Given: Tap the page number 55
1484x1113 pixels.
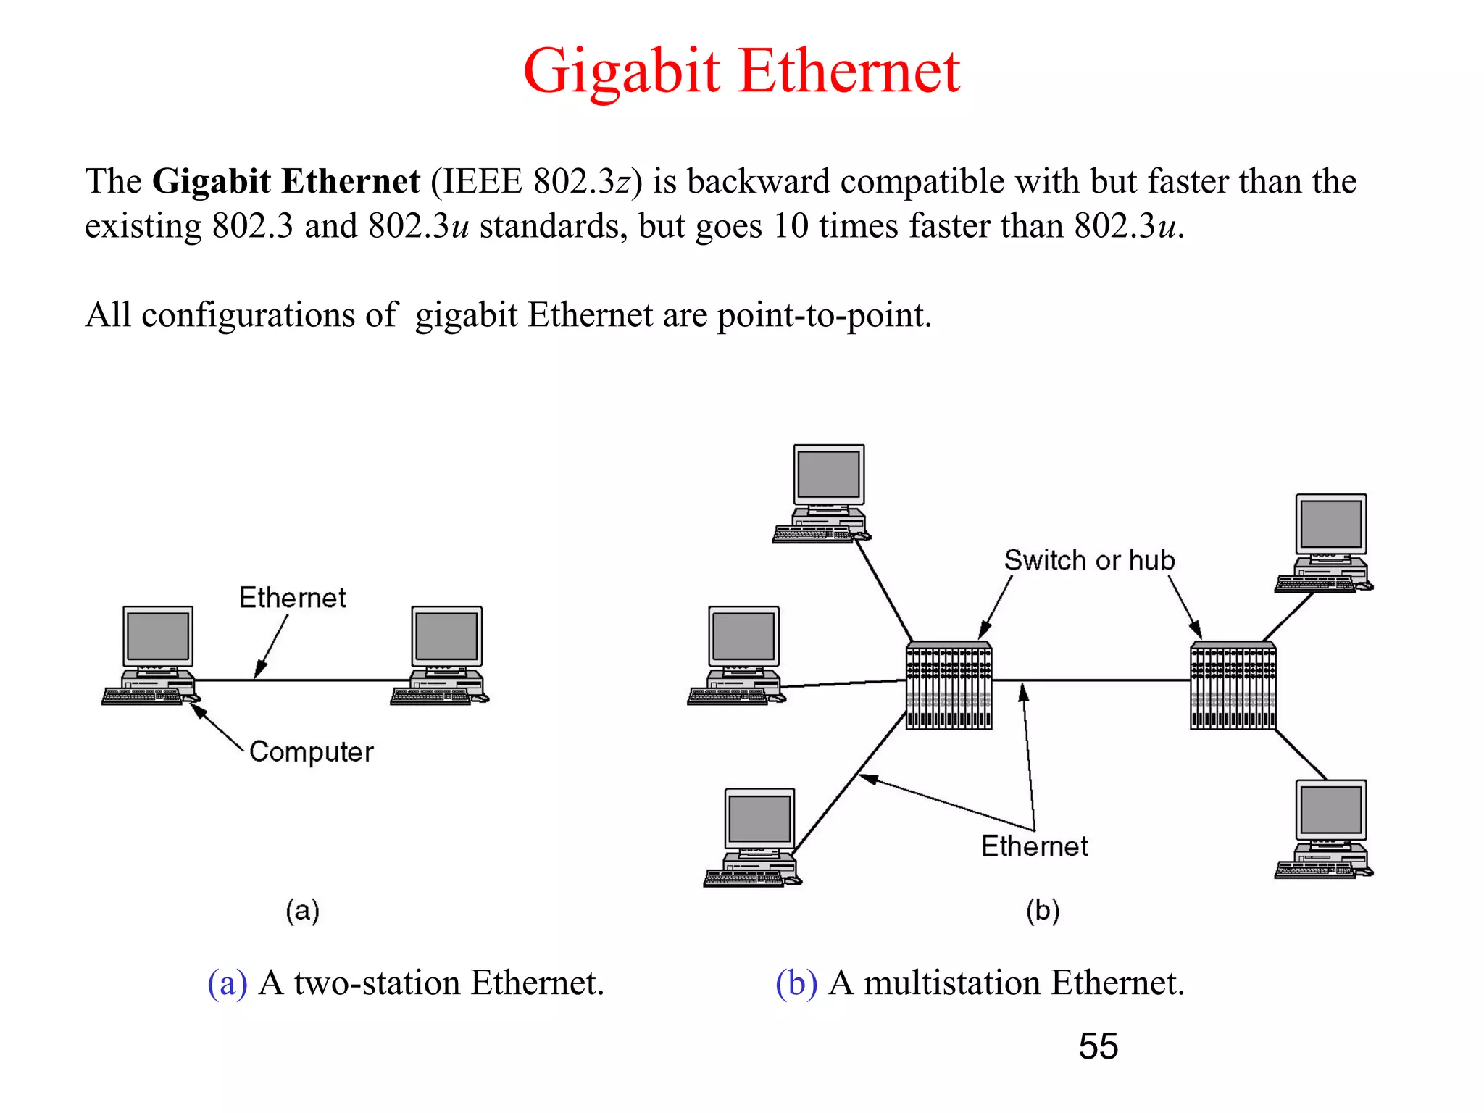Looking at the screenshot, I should pyautogui.click(x=1098, y=1046).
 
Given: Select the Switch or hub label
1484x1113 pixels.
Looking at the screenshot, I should pyautogui.click(x=1088, y=560).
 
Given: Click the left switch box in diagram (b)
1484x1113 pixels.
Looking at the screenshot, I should pyautogui.click(x=949, y=685).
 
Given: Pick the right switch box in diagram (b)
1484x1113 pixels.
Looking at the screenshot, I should pyautogui.click(x=1233, y=685).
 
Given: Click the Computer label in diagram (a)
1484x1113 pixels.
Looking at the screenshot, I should pyautogui.click(x=311, y=752).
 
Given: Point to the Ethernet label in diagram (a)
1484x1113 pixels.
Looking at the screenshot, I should pyautogui.click(x=293, y=598).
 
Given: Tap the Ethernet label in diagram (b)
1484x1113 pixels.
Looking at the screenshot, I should pyautogui.click(x=1034, y=846).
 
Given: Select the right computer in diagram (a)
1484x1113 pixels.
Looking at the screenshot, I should pyautogui.click(x=442, y=655).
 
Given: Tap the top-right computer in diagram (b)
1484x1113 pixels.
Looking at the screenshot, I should pyautogui.click(x=1326, y=543).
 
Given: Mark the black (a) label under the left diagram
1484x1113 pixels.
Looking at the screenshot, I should pyautogui.click(x=302, y=910).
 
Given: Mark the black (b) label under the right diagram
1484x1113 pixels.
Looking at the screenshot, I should pyautogui.click(x=1042, y=910).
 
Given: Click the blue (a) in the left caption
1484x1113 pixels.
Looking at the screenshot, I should pyautogui.click(x=227, y=983).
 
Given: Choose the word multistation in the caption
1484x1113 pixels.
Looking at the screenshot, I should pyautogui.click(x=951, y=983).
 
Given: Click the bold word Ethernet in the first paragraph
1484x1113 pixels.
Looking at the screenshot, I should pyautogui.click(x=351, y=181).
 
